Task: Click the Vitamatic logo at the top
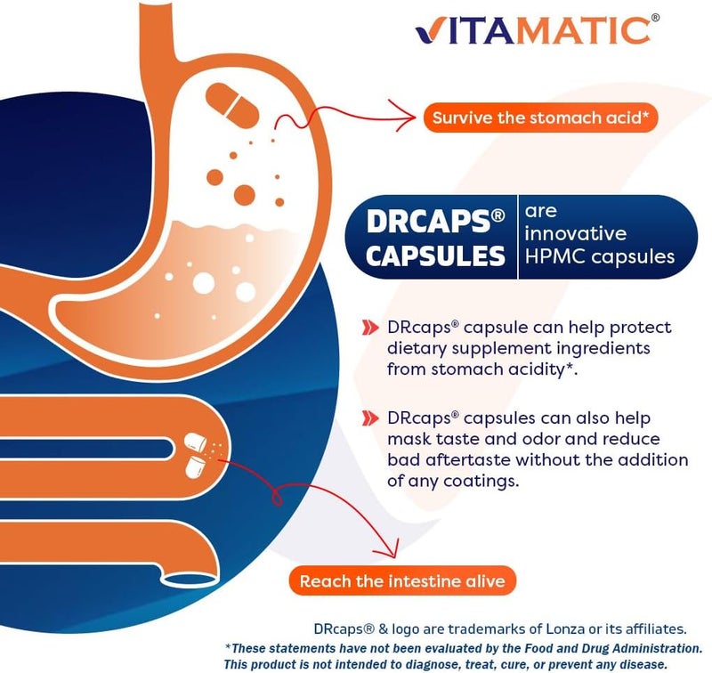532,29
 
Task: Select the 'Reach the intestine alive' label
402,582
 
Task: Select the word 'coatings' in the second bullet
462,482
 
